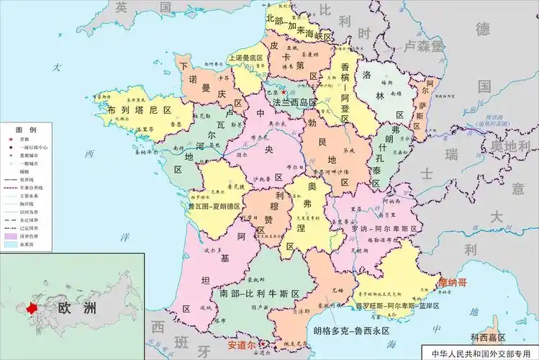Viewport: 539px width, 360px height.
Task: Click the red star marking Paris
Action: coord(284,94)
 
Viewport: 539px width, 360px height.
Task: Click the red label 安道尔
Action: coord(242,345)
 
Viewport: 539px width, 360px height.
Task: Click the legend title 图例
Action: coord(26,128)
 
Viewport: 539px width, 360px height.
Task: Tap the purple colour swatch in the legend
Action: coord(11,235)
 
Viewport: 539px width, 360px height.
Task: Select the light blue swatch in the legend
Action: coord(11,244)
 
